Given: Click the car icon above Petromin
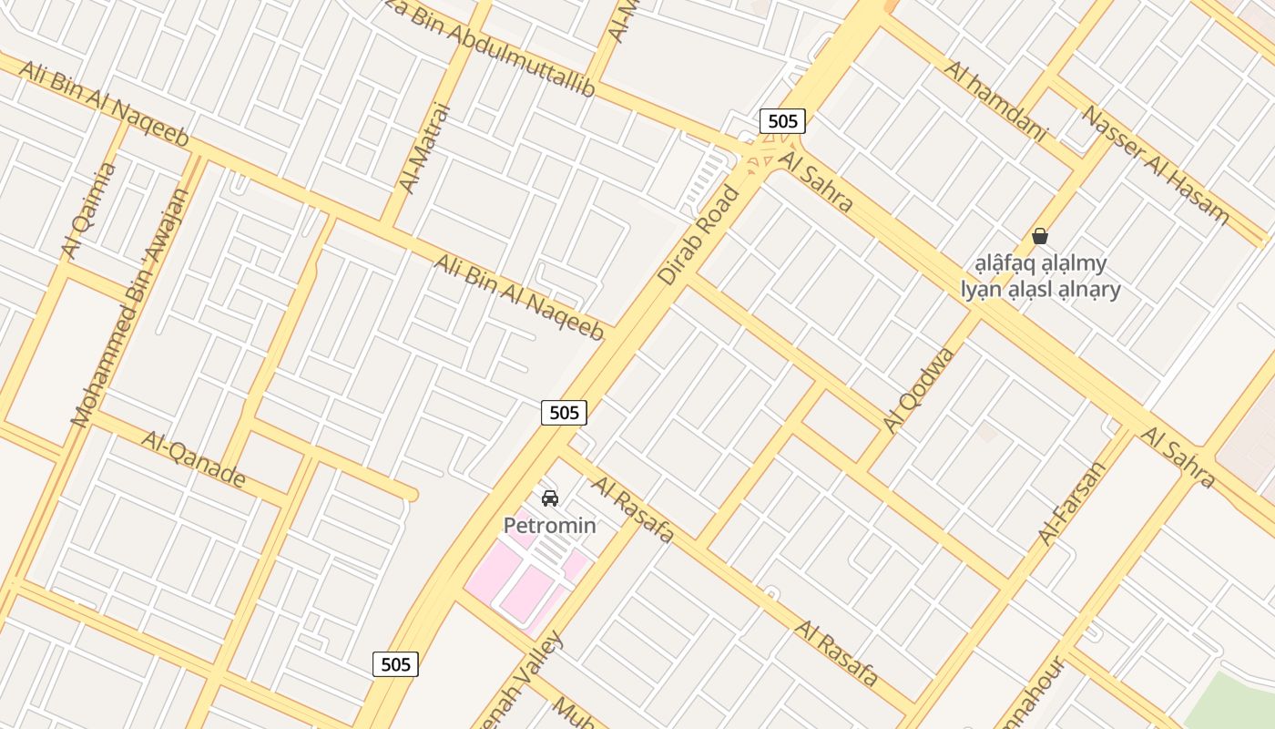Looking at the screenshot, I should [549, 498].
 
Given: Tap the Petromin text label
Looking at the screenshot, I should [550, 526].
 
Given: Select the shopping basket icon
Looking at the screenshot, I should [1040, 237].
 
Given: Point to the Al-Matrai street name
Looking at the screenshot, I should [425, 148].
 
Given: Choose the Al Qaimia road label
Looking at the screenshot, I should [89, 210].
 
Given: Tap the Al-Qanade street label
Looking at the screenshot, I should [193, 458].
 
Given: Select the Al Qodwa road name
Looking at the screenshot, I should [919, 389].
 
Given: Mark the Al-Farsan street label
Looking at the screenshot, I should [1072, 504].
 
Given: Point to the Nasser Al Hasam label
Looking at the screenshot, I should [1155, 166].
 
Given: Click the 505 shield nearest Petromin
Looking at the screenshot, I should [565, 413].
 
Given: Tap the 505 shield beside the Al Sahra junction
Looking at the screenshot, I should [782, 121].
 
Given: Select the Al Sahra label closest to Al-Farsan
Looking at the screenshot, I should [1178, 458].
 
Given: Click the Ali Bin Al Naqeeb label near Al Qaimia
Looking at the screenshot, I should [103, 104].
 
